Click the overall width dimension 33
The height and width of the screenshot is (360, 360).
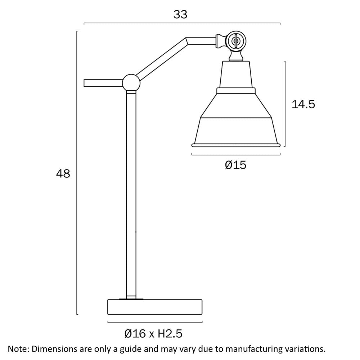click(180, 14)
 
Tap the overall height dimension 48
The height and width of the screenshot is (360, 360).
click(63, 174)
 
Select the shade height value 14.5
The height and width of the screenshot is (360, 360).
click(303, 104)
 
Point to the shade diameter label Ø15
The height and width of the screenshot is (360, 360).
click(235, 165)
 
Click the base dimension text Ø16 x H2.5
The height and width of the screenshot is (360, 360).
click(153, 333)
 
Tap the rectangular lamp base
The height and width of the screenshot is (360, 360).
click(155, 307)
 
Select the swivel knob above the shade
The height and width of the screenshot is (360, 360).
click(235, 41)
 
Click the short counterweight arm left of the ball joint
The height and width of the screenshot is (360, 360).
click(103, 83)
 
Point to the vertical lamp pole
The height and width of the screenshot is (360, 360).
click(131, 195)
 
